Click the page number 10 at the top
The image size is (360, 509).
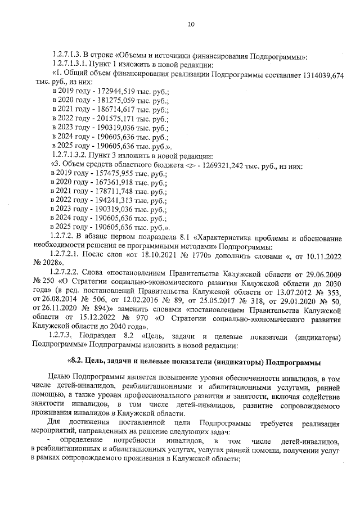(191, 24)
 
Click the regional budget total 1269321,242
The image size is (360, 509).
(231, 166)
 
